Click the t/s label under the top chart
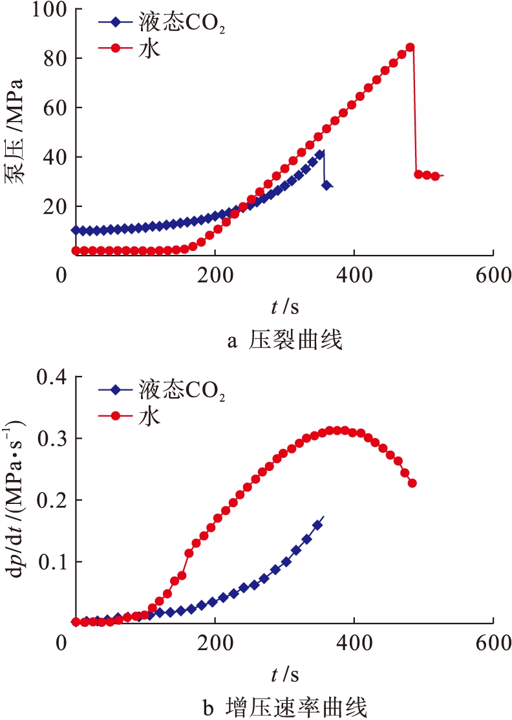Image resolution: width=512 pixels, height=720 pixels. coord(285,303)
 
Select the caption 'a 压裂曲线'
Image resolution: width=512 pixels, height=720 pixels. coord(285,340)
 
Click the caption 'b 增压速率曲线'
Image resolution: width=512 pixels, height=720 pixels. coord(285,707)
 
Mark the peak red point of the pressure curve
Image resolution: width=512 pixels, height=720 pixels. coord(410,47)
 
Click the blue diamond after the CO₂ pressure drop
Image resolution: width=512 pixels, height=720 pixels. coord(327,185)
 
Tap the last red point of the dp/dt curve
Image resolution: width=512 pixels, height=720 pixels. coord(412,483)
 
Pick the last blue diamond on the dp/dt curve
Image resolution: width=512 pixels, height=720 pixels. coord(317,525)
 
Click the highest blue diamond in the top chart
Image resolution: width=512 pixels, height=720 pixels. coord(320,154)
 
